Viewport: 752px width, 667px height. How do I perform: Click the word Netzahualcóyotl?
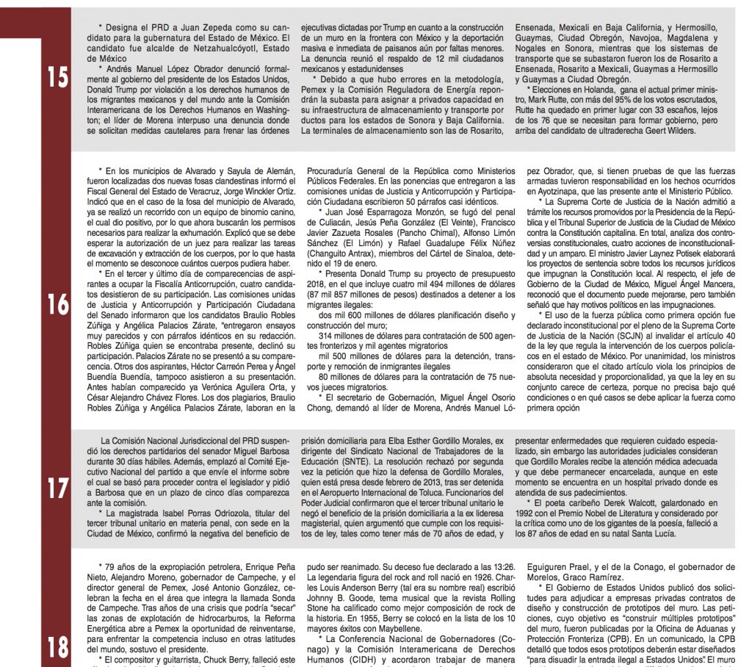pyautogui.click(x=205, y=47)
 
